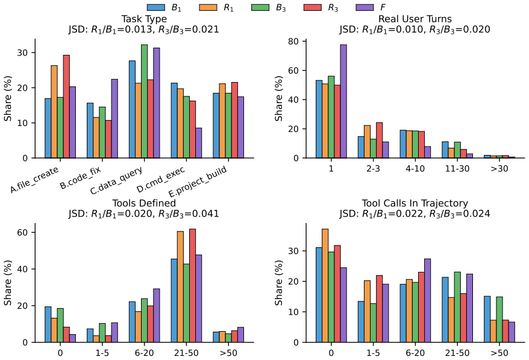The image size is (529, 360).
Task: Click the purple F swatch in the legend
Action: click(365, 7)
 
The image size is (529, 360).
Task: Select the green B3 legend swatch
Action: click(260, 7)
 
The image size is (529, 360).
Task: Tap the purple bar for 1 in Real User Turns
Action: click(343, 101)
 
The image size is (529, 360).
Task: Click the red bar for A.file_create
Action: click(66, 106)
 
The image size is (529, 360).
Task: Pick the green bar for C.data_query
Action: click(145, 101)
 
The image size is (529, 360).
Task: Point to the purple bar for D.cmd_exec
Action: click(199, 143)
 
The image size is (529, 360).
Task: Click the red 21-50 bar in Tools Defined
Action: click(193, 286)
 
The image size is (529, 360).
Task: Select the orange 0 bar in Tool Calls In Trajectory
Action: click(325, 286)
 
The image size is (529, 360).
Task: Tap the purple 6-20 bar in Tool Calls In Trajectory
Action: click(427, 300)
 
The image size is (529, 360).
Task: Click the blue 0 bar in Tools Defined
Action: click(48, 324)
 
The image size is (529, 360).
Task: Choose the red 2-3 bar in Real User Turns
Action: click(379, 140)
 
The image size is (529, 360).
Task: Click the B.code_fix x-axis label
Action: click(80, 177)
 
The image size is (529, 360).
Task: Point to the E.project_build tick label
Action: click(197, 182)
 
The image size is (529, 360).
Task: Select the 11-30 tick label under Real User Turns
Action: click(457, 168)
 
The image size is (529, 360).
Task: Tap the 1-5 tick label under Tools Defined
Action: click(102, 353)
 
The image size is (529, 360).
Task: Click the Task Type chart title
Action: click(144, 19)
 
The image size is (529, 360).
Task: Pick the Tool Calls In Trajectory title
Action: click(415, 203)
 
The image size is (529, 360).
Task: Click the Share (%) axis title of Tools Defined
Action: click(7, 283)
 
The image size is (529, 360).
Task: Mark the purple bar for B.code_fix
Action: click(114, 119)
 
